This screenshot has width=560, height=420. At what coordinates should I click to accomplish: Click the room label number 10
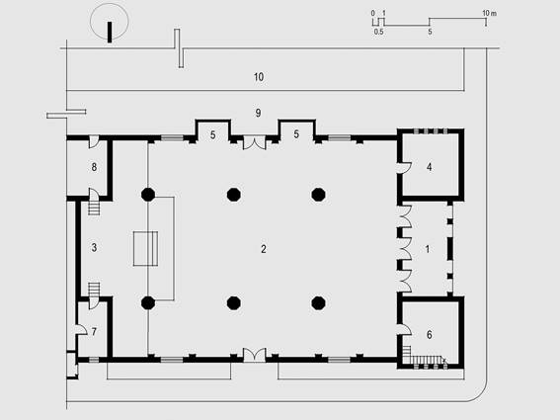[x=259, y=77]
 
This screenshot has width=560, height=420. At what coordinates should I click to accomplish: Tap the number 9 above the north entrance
[x=258, y=113]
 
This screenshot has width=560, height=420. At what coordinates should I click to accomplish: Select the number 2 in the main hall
[x=264, y=249]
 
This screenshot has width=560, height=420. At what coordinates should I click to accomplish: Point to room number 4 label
[x=429, y=167]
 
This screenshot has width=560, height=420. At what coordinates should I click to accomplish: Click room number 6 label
[x=429, y=335]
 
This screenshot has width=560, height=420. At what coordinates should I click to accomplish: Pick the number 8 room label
[x=94, y=167]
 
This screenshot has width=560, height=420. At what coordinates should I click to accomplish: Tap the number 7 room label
[x=94, y=332]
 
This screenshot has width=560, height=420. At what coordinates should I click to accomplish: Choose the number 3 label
[x=94, y=247]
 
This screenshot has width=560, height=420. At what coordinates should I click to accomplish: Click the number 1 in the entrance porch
[x=428, y=249]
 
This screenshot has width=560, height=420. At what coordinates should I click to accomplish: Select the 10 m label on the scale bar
[x=489, y=13]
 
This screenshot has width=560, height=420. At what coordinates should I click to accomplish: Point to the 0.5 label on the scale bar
[x=378, y=32]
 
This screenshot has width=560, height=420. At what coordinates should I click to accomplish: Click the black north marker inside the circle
[x=110, y=33]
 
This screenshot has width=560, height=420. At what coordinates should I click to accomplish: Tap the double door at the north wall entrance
[x=254, y=142]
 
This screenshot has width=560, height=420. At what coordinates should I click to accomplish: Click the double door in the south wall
[x=254, y=355]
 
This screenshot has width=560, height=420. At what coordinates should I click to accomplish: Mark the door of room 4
[x=405, y=167]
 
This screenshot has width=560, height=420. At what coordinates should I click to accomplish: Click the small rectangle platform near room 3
[x=145, y=249]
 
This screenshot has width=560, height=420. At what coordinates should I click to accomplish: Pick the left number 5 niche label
[x=213, y=135]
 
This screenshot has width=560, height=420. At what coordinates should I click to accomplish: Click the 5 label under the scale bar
[x=430, y=32]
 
